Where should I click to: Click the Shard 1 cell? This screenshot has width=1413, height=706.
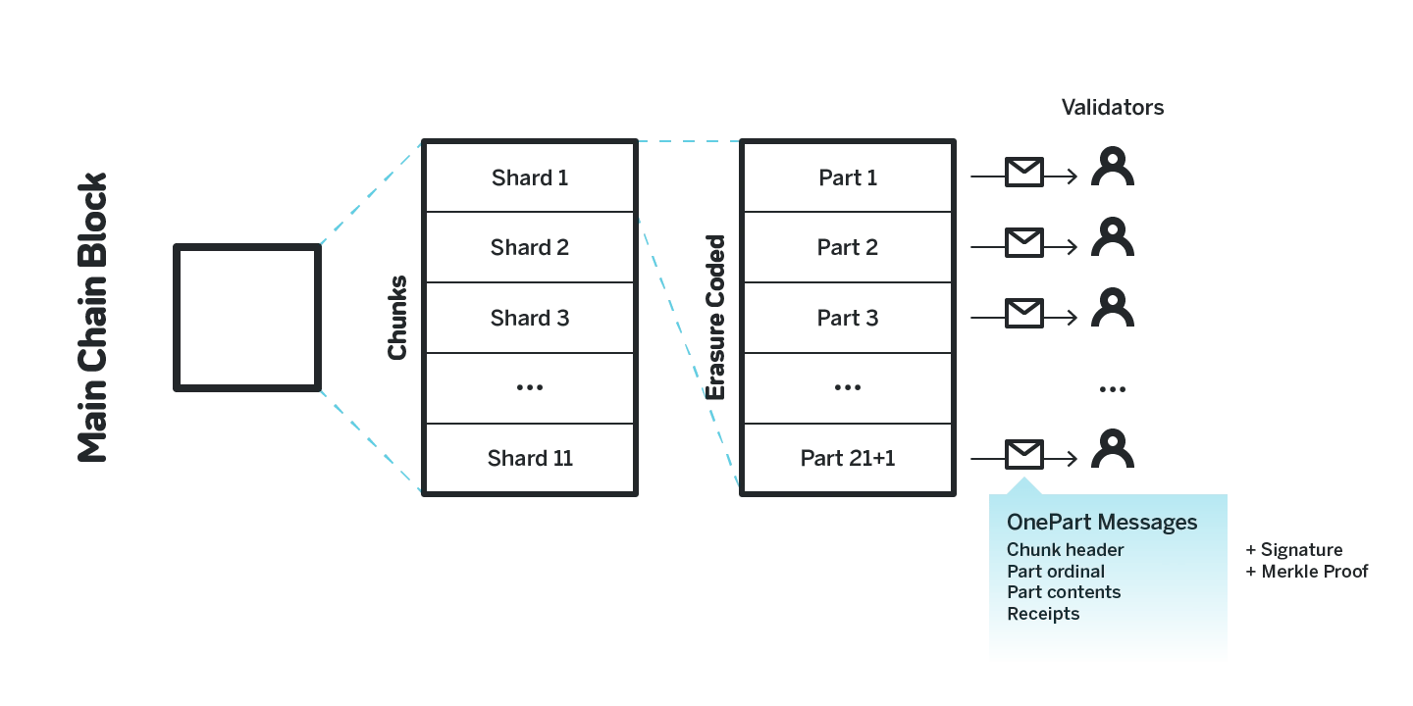click(x=530, y=177)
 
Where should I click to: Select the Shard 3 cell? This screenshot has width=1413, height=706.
click(x=530, y=318)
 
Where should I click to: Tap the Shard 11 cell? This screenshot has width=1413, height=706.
click(x=530, y=458)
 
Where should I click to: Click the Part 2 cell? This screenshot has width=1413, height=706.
click(x=848, y=247)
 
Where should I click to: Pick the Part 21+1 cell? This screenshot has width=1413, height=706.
click(x=848, y=458)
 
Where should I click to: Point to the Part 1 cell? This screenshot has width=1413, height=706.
click(x=848, y=177)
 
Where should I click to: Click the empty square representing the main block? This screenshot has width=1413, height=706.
click(x=247, y=318)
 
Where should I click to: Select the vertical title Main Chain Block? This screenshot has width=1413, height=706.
click(x=92, y=318)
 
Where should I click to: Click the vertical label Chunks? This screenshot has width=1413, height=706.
click(x=397, y=318)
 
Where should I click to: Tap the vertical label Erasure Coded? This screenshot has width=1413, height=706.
click(x=716, y=318)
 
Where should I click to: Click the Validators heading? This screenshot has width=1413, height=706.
click(x=1113, y=107)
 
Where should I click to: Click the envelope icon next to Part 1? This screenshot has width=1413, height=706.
click(x=1023, y=173)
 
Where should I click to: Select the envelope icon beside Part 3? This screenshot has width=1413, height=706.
click(x=1023, y=313)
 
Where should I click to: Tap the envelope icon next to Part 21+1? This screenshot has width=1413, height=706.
click(x=1023, y=454)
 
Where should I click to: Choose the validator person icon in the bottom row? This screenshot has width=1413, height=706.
click(x=1113, y=449)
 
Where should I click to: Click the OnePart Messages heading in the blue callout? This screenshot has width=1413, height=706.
click(x=1102, y=522)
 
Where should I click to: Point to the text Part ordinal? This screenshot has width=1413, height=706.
click(x=1056, y=571)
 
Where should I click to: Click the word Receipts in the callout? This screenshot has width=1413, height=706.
click(x=1043, y=614)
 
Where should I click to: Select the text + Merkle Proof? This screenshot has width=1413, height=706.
click(x=1307, y=571)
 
